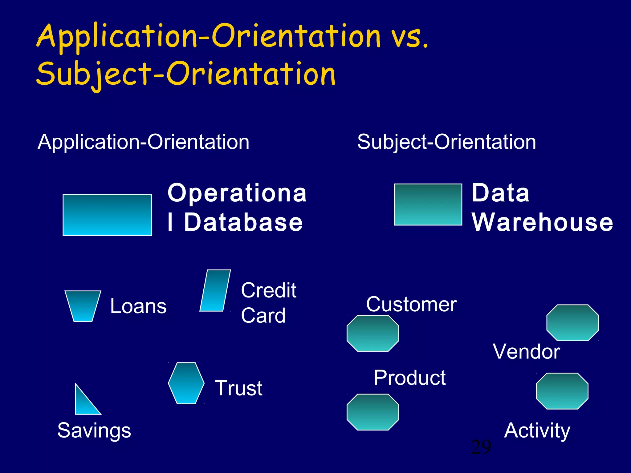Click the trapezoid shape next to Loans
pos(83,306)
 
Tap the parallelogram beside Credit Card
pos(215,290)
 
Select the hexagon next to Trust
pos(186,383)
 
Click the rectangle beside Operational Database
pos(107,215)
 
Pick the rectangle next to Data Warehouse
pos(428,204)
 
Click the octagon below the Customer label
pos(373,333)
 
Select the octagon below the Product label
pos(373,412)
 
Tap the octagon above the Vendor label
pos(572,322)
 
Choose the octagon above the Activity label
pos(562,391)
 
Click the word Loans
pos(138,306)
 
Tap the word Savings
pos(94,430)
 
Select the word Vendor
pos(526,351)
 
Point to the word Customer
pos(411,304)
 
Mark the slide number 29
pos(481,447)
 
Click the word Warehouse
pos(542,222)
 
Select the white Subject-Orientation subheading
pos(446,142)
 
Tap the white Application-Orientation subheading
pos(144,142)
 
